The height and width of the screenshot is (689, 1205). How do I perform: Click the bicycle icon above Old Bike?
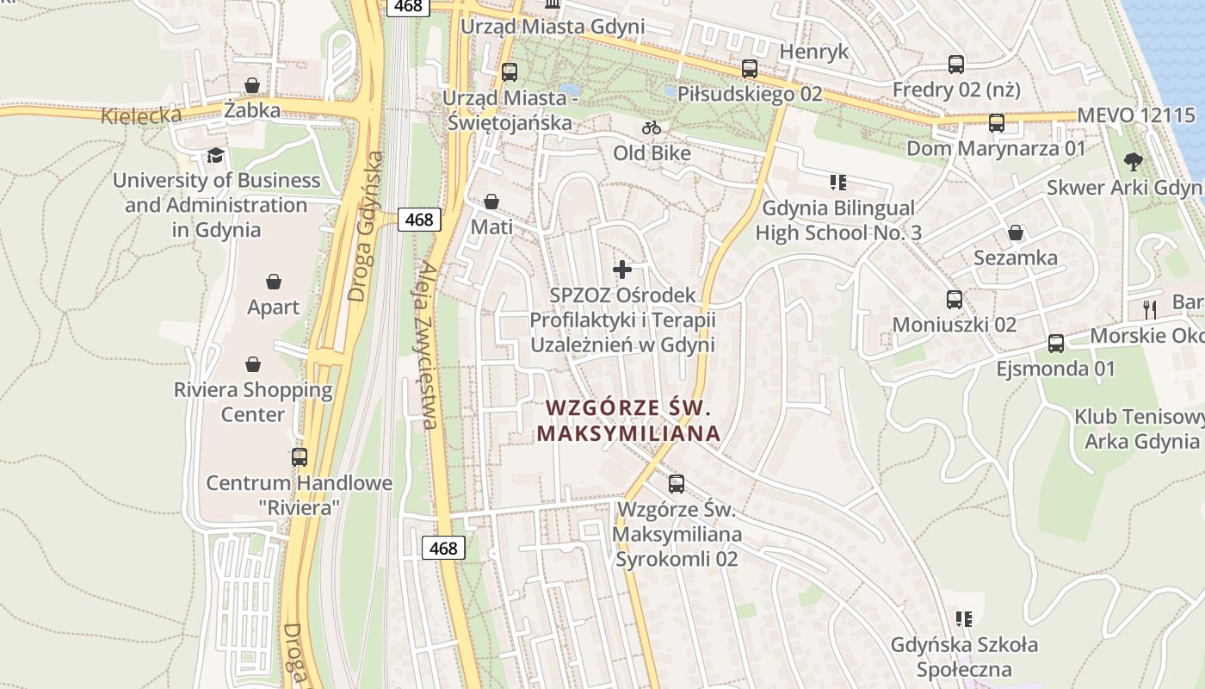tap(652, 128)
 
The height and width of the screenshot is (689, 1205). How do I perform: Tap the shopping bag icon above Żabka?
tap(252, 85)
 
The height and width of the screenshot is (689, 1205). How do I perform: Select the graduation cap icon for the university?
tap(215, 155)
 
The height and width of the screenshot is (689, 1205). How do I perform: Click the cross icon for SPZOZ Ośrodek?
tap(621, 270)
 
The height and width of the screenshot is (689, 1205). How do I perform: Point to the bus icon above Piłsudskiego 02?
tap(750, 69)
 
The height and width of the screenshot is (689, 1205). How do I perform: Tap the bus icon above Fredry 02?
tap(955, 65)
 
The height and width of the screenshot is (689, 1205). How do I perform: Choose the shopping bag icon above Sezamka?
tap(1016, 233)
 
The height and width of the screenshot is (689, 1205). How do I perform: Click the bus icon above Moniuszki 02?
tap(955, 300)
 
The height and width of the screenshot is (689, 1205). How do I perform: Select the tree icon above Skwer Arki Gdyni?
tap(1134, 161)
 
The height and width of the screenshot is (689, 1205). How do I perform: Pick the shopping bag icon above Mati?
tap(491, 202)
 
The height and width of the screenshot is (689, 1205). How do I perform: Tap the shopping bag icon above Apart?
tap(274, 282)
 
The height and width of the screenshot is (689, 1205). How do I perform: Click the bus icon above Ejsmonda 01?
tap(1056, 344)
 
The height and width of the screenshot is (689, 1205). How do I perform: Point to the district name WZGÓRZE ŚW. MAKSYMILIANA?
tap(628, 419)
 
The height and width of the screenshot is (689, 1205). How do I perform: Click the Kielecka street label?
tap(141, 115)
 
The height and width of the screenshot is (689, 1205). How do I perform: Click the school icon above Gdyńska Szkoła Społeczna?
tap(964, 618)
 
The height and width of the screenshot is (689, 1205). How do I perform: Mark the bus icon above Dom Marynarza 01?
tap(996, 123)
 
